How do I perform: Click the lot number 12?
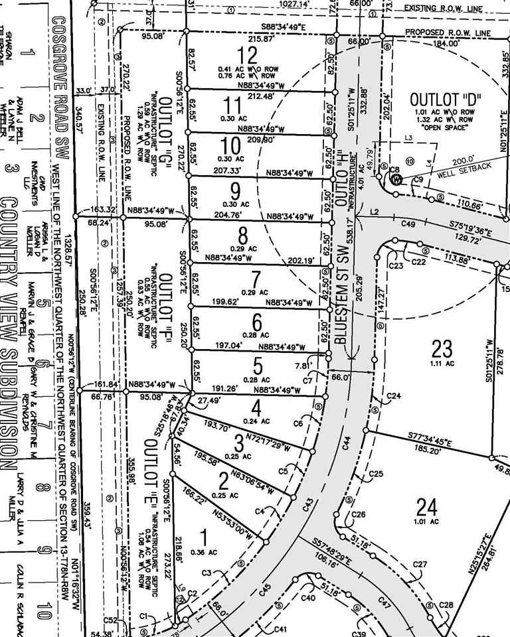[249, 54]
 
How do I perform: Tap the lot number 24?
[426, 508]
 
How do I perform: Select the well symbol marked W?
[396, 179]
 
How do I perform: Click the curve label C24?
[394, 396]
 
